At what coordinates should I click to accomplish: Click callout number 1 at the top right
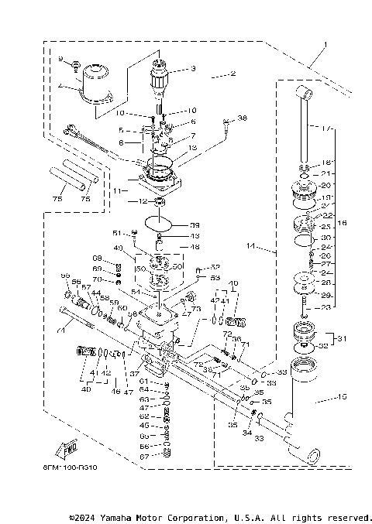[326, 44]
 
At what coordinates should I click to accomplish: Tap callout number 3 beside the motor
[192, 69]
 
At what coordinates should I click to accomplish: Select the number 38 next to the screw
[243, 118]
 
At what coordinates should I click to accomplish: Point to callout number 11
[115, 189]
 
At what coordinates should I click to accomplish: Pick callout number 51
[117, 231]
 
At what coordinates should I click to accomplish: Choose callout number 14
[250, 247]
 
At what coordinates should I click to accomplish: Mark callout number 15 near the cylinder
[343, 397]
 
